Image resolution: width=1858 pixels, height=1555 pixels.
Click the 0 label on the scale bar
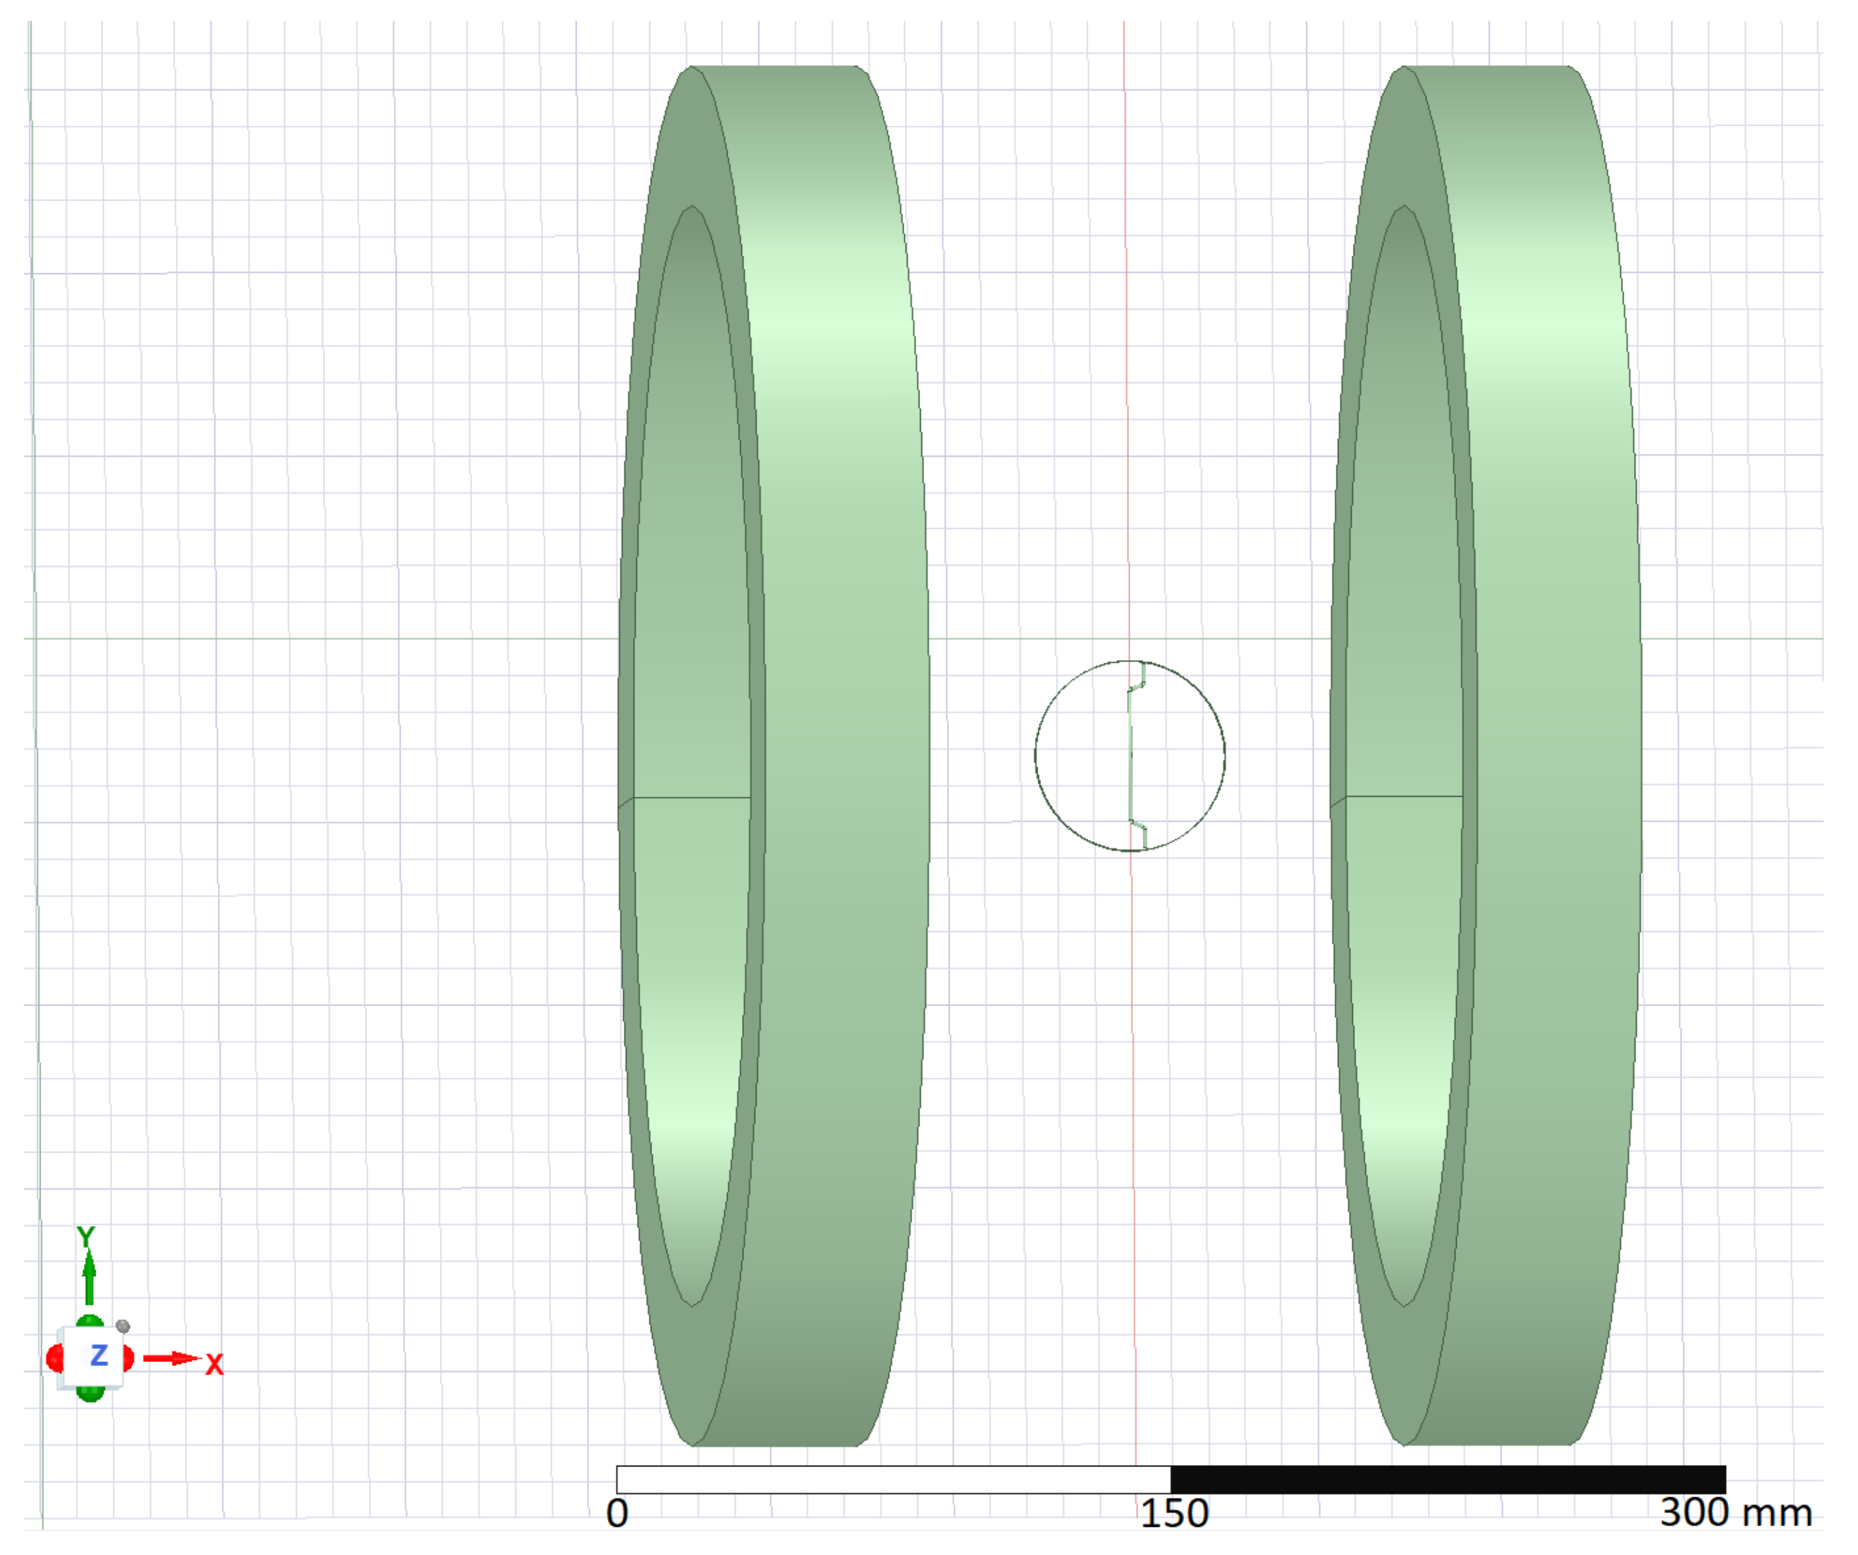pos(618,1512)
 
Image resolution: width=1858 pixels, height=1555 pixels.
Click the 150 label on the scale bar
pos(1173,1512)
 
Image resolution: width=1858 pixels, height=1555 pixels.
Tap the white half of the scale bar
pos(893,1479)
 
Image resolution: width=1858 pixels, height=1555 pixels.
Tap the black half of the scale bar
pos(1448,1479)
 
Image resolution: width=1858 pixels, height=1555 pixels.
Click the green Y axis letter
pos(86,1236)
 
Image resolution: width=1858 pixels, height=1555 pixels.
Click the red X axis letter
pos(214,1365)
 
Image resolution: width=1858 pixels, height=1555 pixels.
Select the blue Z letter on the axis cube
pos(98,1355)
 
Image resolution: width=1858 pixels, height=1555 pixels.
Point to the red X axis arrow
pos(172,1358)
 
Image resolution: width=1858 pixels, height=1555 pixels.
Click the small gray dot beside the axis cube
pos(123,1326)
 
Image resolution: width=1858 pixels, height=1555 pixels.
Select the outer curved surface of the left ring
pos(840,707)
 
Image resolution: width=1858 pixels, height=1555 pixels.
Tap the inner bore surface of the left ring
pos(692,619)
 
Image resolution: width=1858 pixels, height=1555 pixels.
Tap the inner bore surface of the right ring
pos(1403,619)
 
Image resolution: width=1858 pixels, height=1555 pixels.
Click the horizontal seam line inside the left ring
pos(692,797)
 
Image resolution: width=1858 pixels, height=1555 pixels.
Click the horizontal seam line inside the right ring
pos(1403,796)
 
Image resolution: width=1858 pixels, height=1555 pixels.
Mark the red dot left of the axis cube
pos(53,1358)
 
